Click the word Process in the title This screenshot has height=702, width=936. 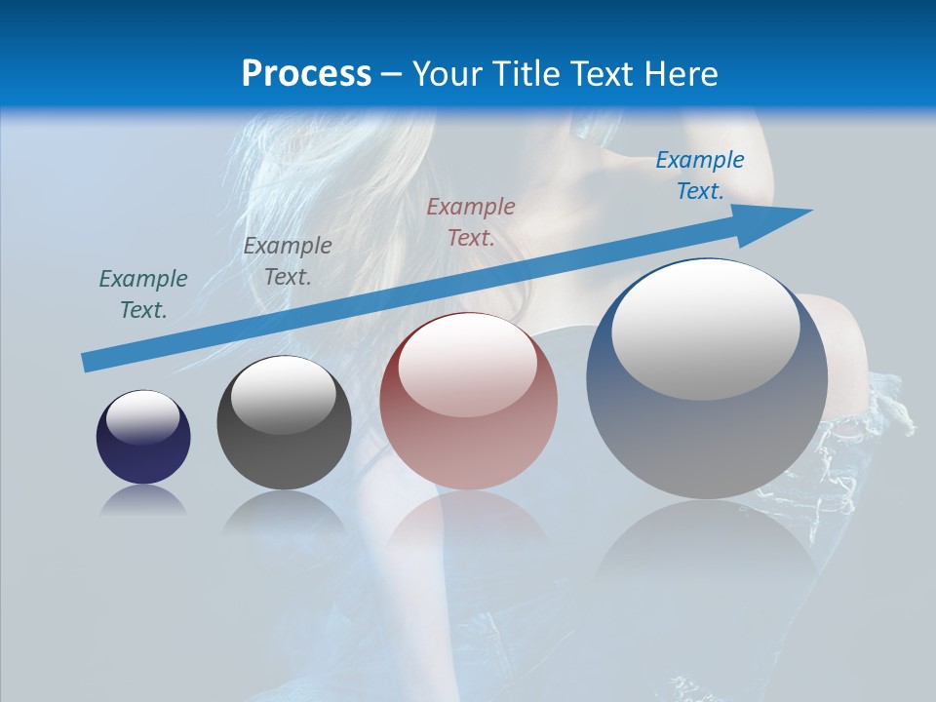(306, 74)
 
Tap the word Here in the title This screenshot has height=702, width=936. (679, 74)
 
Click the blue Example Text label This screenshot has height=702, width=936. (699, 175)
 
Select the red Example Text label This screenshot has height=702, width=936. (471, 222)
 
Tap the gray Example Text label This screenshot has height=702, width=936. (288, 261)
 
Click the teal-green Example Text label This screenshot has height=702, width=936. (143, 294)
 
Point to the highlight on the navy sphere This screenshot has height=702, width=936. (143, 417)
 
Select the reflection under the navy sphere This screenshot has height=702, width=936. (143, 499)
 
